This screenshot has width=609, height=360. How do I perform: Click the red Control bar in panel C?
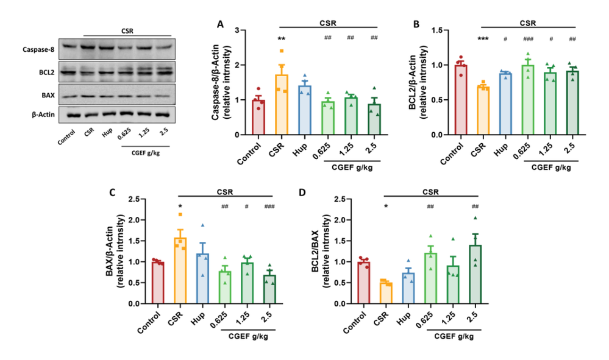coord(158,283)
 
